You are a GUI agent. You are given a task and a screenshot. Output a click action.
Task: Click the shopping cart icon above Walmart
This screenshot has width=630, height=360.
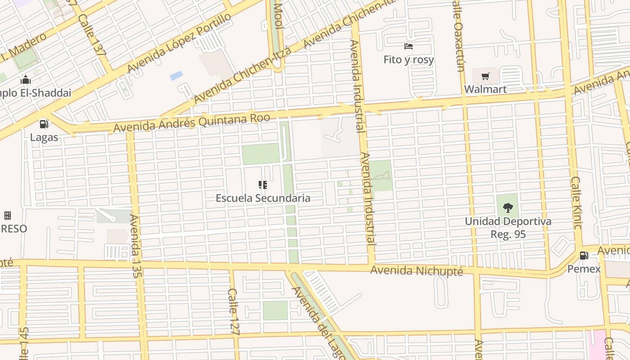(485, 76)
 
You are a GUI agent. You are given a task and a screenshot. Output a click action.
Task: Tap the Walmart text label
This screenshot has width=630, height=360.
(485, 89)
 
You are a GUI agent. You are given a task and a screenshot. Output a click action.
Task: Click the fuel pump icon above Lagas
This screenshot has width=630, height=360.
(44, 124)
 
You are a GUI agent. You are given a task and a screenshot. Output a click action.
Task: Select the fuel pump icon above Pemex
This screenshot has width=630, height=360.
(584, 256)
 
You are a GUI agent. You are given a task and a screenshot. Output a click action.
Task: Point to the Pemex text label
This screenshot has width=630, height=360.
(584, 269)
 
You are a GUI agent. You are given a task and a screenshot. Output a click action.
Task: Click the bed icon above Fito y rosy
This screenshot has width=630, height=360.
(409, 46)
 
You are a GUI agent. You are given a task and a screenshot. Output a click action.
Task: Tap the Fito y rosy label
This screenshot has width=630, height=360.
(409, 59)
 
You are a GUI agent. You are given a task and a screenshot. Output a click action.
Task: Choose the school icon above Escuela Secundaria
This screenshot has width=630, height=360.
(263, 184)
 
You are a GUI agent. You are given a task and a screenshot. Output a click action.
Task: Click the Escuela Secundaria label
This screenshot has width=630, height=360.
(263, 198)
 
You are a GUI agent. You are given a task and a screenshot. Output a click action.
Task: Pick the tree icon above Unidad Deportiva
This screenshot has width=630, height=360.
(508, 208)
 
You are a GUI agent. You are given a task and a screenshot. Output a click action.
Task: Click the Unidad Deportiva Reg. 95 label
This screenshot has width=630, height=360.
(508, 228)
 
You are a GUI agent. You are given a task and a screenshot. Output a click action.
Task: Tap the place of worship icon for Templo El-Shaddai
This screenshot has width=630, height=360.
(26, 80)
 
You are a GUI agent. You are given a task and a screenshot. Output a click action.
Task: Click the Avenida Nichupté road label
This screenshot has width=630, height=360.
(416, 271)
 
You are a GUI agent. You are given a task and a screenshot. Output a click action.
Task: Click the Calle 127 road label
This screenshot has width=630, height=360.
(233, 311)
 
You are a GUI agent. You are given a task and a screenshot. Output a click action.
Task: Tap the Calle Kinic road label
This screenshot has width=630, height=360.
(576, 202)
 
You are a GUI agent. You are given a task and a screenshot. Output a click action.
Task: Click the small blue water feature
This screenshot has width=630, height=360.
(176, 76)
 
